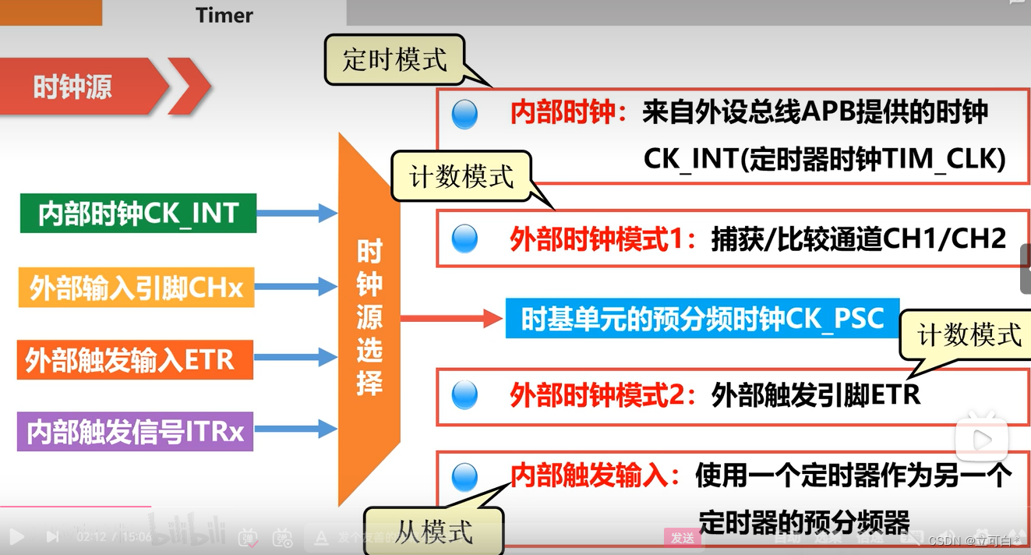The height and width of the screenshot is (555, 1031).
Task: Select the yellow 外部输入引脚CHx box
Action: pos(136,288)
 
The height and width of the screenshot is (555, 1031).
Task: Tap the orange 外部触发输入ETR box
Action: pos(135,359)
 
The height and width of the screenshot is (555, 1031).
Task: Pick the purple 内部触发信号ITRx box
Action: pos(135,431)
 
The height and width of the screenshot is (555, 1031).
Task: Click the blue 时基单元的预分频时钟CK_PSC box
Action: pos(702,318)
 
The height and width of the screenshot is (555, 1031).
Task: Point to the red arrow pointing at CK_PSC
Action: pos(452,318)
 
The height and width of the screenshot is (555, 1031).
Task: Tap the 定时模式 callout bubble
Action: pos(395,59)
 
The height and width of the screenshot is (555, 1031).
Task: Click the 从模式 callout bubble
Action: pos(434,532)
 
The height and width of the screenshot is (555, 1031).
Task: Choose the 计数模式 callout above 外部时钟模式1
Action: pos(462,176)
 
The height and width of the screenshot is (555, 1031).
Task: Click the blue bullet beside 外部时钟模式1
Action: pos(464,239)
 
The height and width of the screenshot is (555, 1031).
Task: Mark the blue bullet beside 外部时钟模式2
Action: pos(464,395)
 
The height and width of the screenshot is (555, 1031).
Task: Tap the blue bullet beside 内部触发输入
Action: pos(464,477)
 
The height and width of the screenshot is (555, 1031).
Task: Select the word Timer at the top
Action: pos(224,15)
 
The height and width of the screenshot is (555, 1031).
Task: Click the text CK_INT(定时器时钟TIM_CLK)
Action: pos(824,159)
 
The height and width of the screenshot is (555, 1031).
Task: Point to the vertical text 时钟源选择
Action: pos(369,318)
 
